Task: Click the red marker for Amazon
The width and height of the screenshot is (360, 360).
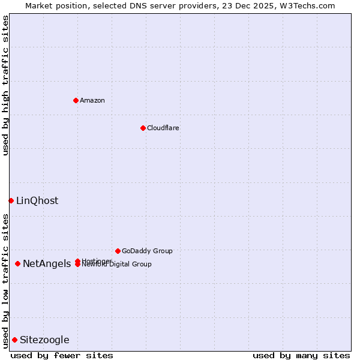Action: (76, 100)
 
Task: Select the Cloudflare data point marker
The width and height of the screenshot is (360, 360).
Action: (143, 128)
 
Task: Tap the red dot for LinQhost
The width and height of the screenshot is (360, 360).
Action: (11, 200)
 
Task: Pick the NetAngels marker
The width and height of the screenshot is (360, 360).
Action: (18, 263)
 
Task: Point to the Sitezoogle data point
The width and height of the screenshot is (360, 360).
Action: (14, 340)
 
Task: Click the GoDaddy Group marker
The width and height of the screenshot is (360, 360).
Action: (118, 251)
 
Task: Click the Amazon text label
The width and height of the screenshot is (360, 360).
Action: (92, 100)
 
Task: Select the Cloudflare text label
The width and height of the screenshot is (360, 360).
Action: (163, 128)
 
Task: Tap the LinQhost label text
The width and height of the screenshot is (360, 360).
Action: (37, 201)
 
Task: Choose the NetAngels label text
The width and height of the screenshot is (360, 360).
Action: (47, 264)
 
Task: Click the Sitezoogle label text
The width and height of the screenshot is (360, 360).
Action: (44, 340)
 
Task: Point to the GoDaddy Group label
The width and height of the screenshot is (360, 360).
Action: (147, 251)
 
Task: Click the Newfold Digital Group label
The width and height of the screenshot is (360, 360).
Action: (117, 265)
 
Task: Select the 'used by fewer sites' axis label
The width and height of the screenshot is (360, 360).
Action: (62, 356)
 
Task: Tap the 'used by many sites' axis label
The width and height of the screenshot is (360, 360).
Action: (301, 356)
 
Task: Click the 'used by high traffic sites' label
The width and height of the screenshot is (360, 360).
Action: (5, 85)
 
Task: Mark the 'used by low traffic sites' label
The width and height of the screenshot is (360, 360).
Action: (5, 280)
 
